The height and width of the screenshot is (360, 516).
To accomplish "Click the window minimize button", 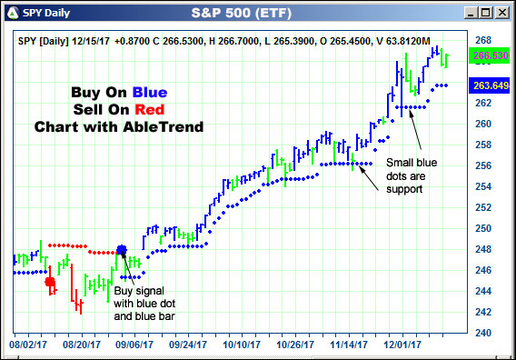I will (471, 14).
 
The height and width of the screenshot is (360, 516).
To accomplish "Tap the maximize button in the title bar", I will (487, 14).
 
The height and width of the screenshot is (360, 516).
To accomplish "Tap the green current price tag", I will (490, 56).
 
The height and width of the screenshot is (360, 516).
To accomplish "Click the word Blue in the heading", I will (145, 92).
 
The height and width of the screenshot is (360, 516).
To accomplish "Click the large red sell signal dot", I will (50, 282).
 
